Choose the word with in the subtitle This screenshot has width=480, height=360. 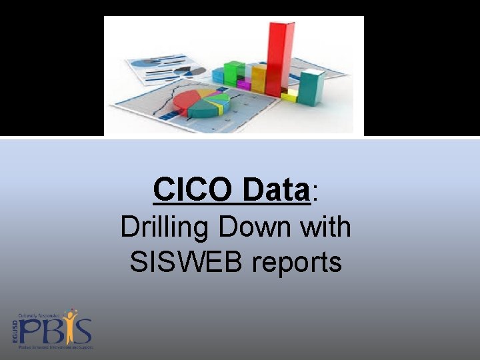325,227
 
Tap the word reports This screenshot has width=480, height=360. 297,264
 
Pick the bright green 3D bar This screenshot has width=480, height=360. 234,72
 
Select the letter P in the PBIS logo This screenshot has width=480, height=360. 30,331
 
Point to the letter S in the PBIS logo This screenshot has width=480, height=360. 83,331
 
